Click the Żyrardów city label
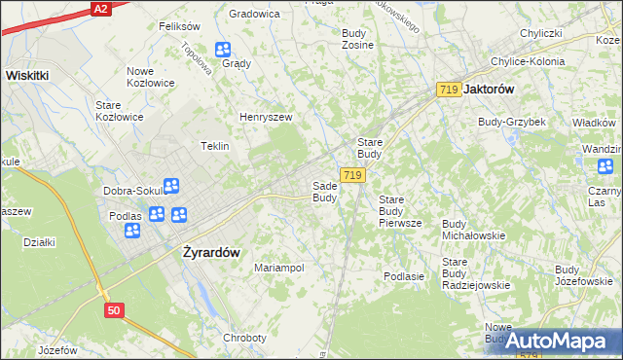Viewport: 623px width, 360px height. [211, 251]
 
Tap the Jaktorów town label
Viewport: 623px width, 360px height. [490, 89]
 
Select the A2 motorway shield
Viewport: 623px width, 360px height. [100, 8]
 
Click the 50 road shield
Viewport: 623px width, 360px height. [115, 309]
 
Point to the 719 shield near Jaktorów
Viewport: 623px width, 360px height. [449, 89]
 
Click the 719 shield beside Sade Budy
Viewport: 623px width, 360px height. [353, 175]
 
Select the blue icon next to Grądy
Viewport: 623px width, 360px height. [223, 50]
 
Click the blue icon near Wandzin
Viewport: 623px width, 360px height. [605, 166]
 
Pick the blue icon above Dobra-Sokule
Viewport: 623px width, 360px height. [171, 185]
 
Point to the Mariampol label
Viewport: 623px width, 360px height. [279, 268]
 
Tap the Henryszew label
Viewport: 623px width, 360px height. [266, 117]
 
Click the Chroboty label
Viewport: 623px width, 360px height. [244, 338]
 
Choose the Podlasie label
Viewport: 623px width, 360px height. [404, 276]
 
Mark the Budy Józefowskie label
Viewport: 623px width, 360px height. [583, 275]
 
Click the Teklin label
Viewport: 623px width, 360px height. [214, 146]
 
